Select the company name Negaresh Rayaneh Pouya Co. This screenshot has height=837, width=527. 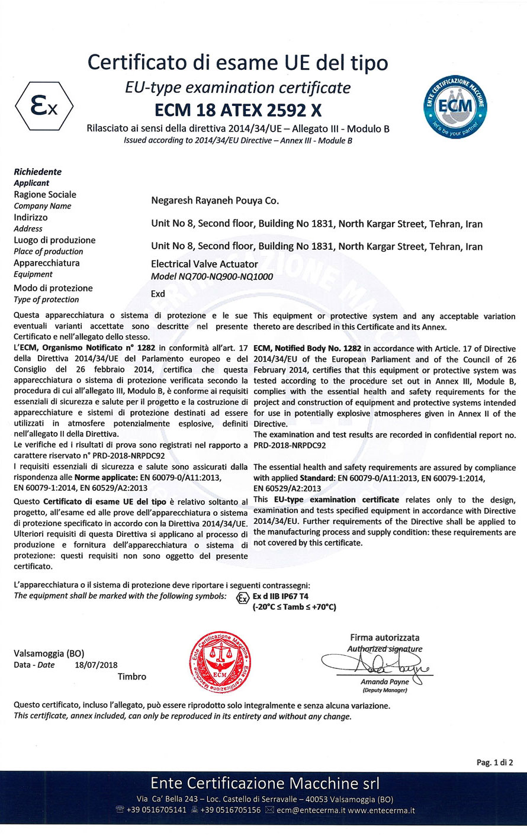point(215,201)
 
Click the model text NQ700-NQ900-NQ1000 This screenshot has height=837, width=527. point(212,276)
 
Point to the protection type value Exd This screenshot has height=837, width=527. point(158,294)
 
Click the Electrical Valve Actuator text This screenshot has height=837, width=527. point(204,264)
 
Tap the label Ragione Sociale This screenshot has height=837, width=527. point(45,195)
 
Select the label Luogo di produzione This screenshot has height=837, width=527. point(54,240)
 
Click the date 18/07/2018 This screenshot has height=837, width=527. point(97,665)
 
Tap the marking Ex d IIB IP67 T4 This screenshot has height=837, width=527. point(280,596)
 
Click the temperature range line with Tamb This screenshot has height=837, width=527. point(294,607)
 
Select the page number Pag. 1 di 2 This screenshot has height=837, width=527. point(494,762)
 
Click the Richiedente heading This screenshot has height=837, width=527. point(37,172)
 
